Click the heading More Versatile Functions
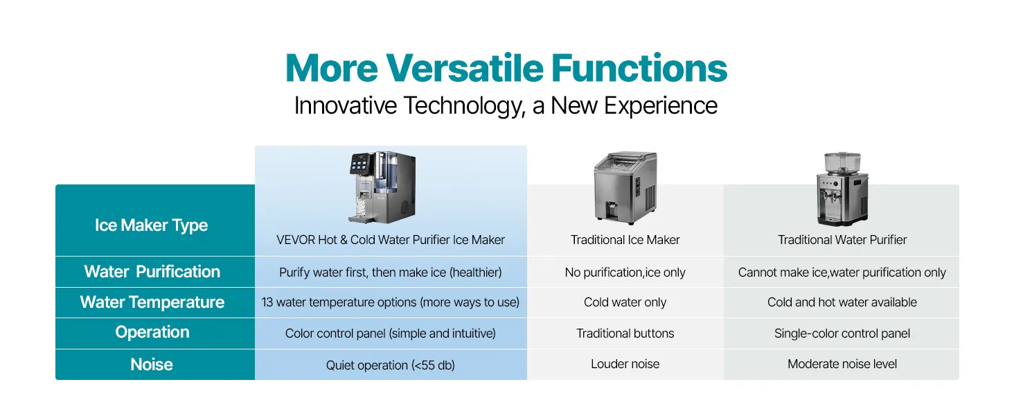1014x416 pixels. [506, 68]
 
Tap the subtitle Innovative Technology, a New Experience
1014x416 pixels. [506, 105]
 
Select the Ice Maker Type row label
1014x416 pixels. [151, 225]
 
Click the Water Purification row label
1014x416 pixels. [152, 272]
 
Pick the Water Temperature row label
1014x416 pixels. [152, 302]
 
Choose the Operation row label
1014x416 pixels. [152, 332]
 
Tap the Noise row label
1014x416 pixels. [152, 364]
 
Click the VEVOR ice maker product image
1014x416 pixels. [382, 187]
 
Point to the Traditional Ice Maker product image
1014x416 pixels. [625, 188]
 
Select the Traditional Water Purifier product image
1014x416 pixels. [842, 189]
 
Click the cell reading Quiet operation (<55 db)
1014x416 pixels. [390, 365]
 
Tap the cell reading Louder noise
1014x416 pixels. [625, 364]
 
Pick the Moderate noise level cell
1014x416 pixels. [842, 364]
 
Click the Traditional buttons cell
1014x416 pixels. [625, 333]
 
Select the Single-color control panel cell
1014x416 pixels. [842, 333]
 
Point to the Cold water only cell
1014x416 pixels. [625, 302]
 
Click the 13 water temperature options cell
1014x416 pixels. [390, 302]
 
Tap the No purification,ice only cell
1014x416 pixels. [625, 272]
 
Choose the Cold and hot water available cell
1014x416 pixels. [842, 302]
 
